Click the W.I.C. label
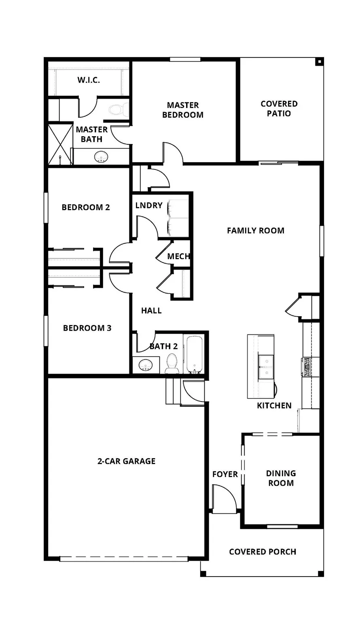[89, 80]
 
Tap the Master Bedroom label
[182, 110]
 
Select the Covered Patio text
[279, 109]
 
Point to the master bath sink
[101, 156]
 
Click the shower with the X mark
[59, 144]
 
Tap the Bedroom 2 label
[85, 207]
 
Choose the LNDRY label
[149, 205]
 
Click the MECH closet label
[178, 256]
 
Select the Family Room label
[255, 230]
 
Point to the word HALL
[151, 310]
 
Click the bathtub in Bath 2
[195, 355]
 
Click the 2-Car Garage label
[126, 461]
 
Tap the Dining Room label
[281, 478]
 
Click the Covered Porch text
[263, 551]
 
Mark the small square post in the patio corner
[319, 62]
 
